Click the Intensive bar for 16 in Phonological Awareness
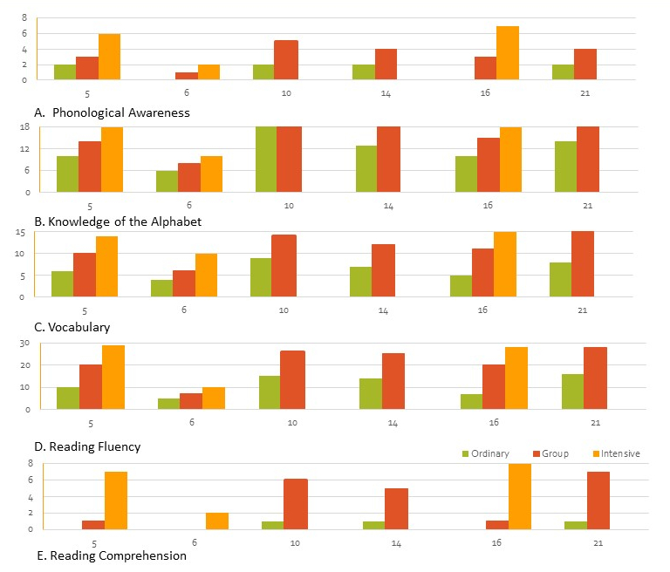[x=508, y=53]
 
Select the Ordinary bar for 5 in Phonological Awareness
[x=65, y=72]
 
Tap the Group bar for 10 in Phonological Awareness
[x=286, y=60]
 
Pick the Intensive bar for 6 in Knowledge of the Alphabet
[x=211, y=174]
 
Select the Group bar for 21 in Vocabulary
[x=583, y=264]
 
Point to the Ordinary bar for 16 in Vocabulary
[x=461, y=286]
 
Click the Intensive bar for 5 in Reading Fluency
[x=113, y=377]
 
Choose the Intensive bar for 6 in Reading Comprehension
[x=217, y=521]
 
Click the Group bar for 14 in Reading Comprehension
[x=396, y=508]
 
